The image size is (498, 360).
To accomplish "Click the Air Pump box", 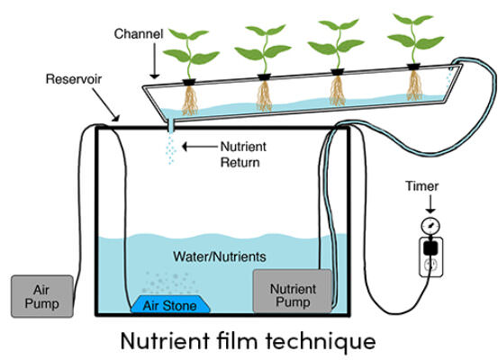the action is click(x=42, y=296).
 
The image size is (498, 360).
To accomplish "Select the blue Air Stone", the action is click(x=170, y=304).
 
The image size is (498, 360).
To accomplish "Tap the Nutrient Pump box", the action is click(x=293, y=291).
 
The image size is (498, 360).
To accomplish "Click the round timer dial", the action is click(x=430, y=226).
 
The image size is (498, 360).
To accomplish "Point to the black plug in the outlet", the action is click(x=430, y=247).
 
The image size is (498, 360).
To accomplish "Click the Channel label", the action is click(x=139, y=34).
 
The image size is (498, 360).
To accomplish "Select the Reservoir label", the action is click(x=74, y=79).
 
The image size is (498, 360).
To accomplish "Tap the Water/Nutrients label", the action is click(x=220, y=256).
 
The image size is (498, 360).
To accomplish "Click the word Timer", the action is click(x=421, y=186).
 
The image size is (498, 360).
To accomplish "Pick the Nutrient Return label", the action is click(x=243, y=155).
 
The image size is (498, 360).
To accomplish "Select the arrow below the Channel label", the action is click(x=155, y=60).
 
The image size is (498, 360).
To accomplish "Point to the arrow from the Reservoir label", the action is click(x=106, y=104).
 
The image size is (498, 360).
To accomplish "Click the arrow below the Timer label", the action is click(x=430, y=203).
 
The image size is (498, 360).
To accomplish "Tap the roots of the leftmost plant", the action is click(x=190, y=100).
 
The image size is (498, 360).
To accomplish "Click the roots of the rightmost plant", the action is click(x=414, y=85).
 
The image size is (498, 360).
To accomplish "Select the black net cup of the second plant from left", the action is click(x=264, y=77).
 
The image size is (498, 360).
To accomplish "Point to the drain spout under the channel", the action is click(x=170, y=127).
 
